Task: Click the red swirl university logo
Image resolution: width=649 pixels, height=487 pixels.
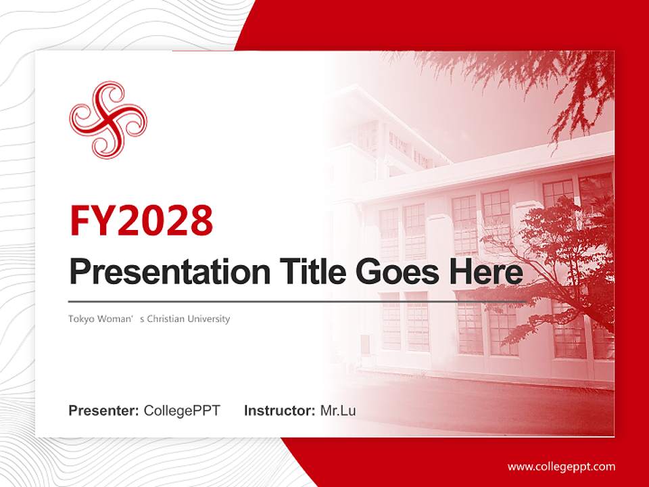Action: pos(108,120)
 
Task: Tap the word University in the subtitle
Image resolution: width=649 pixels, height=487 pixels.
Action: pos(210,319)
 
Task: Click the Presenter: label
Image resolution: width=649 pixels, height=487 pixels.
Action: pos(104,411)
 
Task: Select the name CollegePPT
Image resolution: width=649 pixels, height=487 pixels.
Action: pos(182,411)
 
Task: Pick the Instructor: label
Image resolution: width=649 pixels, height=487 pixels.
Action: pos(279,411)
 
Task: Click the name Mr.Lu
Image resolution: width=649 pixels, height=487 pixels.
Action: pos(337,411)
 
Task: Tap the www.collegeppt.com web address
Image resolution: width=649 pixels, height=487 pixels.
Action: pos(561,466)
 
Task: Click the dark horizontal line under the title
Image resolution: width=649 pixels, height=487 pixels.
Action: pos(297,301)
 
